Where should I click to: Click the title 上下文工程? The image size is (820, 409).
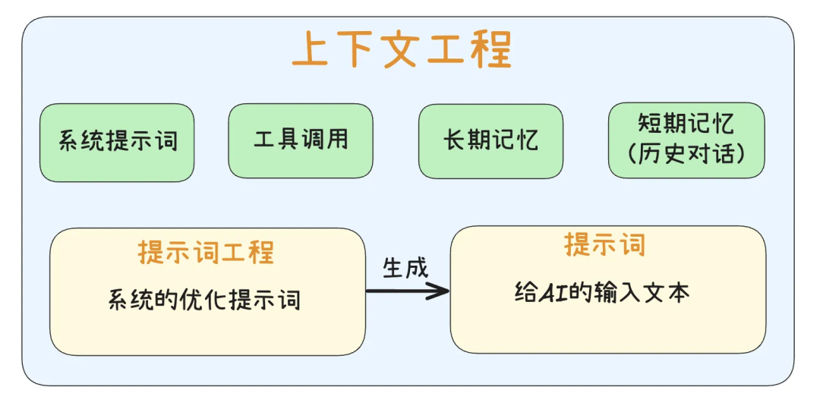coord(402,50)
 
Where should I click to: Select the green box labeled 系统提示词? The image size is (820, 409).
coord(117,142)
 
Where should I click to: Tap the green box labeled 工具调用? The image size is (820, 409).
coord(301,140)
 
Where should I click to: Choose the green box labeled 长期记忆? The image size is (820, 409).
coord(490,140)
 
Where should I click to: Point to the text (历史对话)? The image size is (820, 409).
coord(686,153)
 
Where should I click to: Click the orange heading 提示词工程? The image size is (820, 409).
coord(206,252)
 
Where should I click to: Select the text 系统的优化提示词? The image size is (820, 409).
coord(205,299)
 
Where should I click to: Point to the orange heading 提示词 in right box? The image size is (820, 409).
coord(604,244)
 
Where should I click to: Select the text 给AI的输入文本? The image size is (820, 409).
coord(602,293)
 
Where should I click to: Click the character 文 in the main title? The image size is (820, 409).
coord(402,51)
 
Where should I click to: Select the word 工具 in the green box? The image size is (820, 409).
coord(276,140)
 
